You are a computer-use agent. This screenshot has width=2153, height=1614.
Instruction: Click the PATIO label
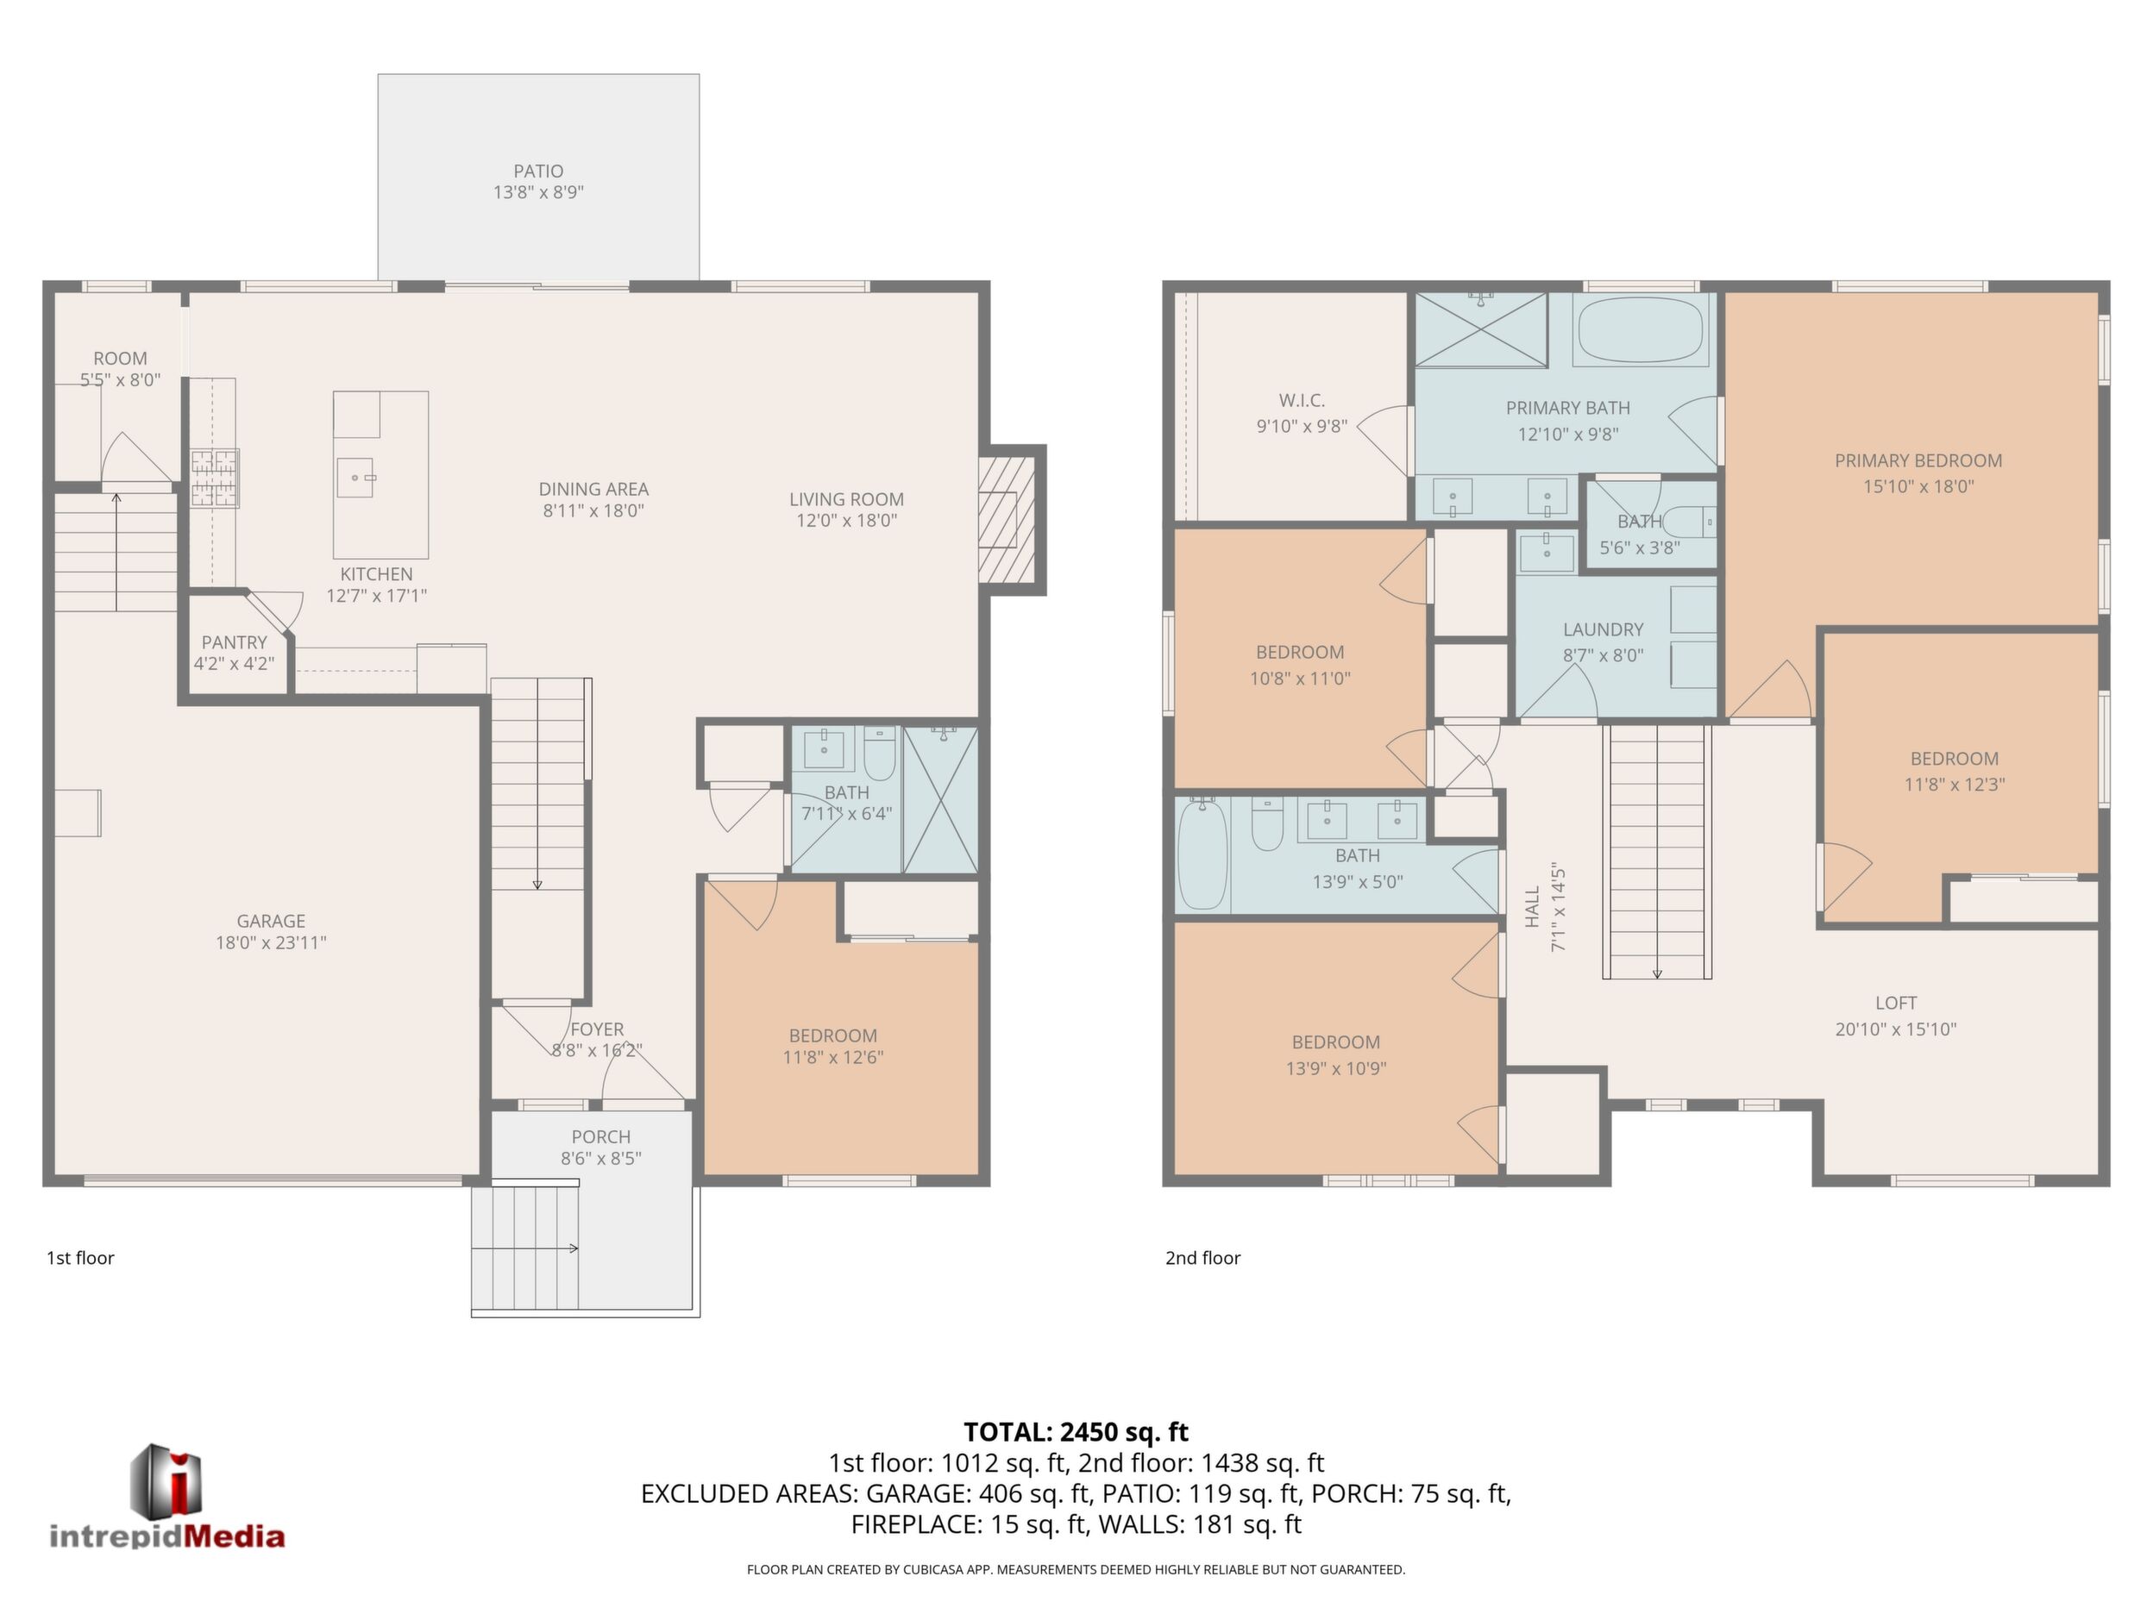(538, 172)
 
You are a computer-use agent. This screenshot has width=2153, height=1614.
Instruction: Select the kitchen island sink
(355, 478)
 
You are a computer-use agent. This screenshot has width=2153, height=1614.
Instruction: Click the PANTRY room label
(234, 642)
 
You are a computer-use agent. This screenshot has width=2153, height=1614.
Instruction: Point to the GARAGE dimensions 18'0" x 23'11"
(271, 941)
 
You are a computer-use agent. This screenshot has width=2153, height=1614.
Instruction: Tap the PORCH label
(600, 1136)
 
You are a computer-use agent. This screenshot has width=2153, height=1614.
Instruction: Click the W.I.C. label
(1302, 400)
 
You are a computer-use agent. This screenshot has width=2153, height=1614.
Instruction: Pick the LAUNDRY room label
(1603, 629)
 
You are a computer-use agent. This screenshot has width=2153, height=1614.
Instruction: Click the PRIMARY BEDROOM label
(1918, 460)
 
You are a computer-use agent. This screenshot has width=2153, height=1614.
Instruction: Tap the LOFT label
(1896, 1002)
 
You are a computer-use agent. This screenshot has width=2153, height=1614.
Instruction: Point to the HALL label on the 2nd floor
(1532, 906)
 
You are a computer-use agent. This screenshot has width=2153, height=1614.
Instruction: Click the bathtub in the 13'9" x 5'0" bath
(1202, 854)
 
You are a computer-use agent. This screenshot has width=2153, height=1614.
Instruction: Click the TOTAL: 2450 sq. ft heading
(1076, 1432)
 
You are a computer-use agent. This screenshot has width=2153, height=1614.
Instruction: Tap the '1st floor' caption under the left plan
(81, 1258)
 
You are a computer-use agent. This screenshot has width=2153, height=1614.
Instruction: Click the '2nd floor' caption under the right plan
(1203, 1258)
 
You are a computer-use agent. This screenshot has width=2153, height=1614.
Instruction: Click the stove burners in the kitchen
(214, 478)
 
